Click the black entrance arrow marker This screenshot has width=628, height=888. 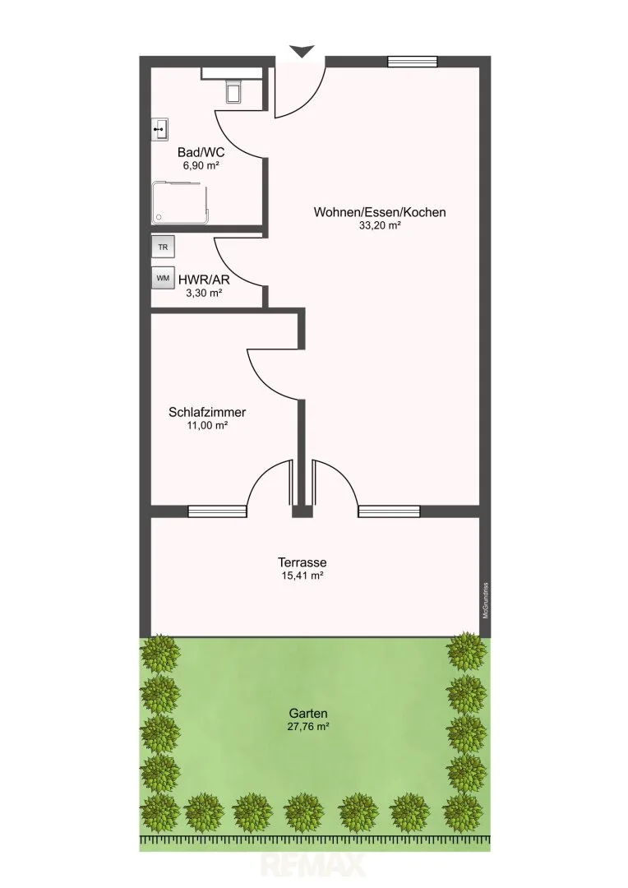303,51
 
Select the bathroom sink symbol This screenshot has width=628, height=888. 159,130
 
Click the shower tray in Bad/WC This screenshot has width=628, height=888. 181,201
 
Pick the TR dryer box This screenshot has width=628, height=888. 163,247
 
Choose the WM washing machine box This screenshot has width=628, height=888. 163,278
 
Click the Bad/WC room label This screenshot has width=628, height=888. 201,152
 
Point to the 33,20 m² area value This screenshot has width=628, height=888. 380,225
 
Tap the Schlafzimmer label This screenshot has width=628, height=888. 207,412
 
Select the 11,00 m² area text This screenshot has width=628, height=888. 207,425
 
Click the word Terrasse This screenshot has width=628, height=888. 302,562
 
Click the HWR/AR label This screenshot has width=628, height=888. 204,280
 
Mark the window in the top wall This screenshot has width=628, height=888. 413,62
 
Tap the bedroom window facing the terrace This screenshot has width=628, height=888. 218,511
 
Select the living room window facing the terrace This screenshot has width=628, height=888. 389,511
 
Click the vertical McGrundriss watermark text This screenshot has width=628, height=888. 485,601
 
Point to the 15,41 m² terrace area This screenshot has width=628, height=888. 302,576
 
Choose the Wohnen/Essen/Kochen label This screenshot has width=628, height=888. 380,212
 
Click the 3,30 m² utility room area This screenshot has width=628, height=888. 204,293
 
